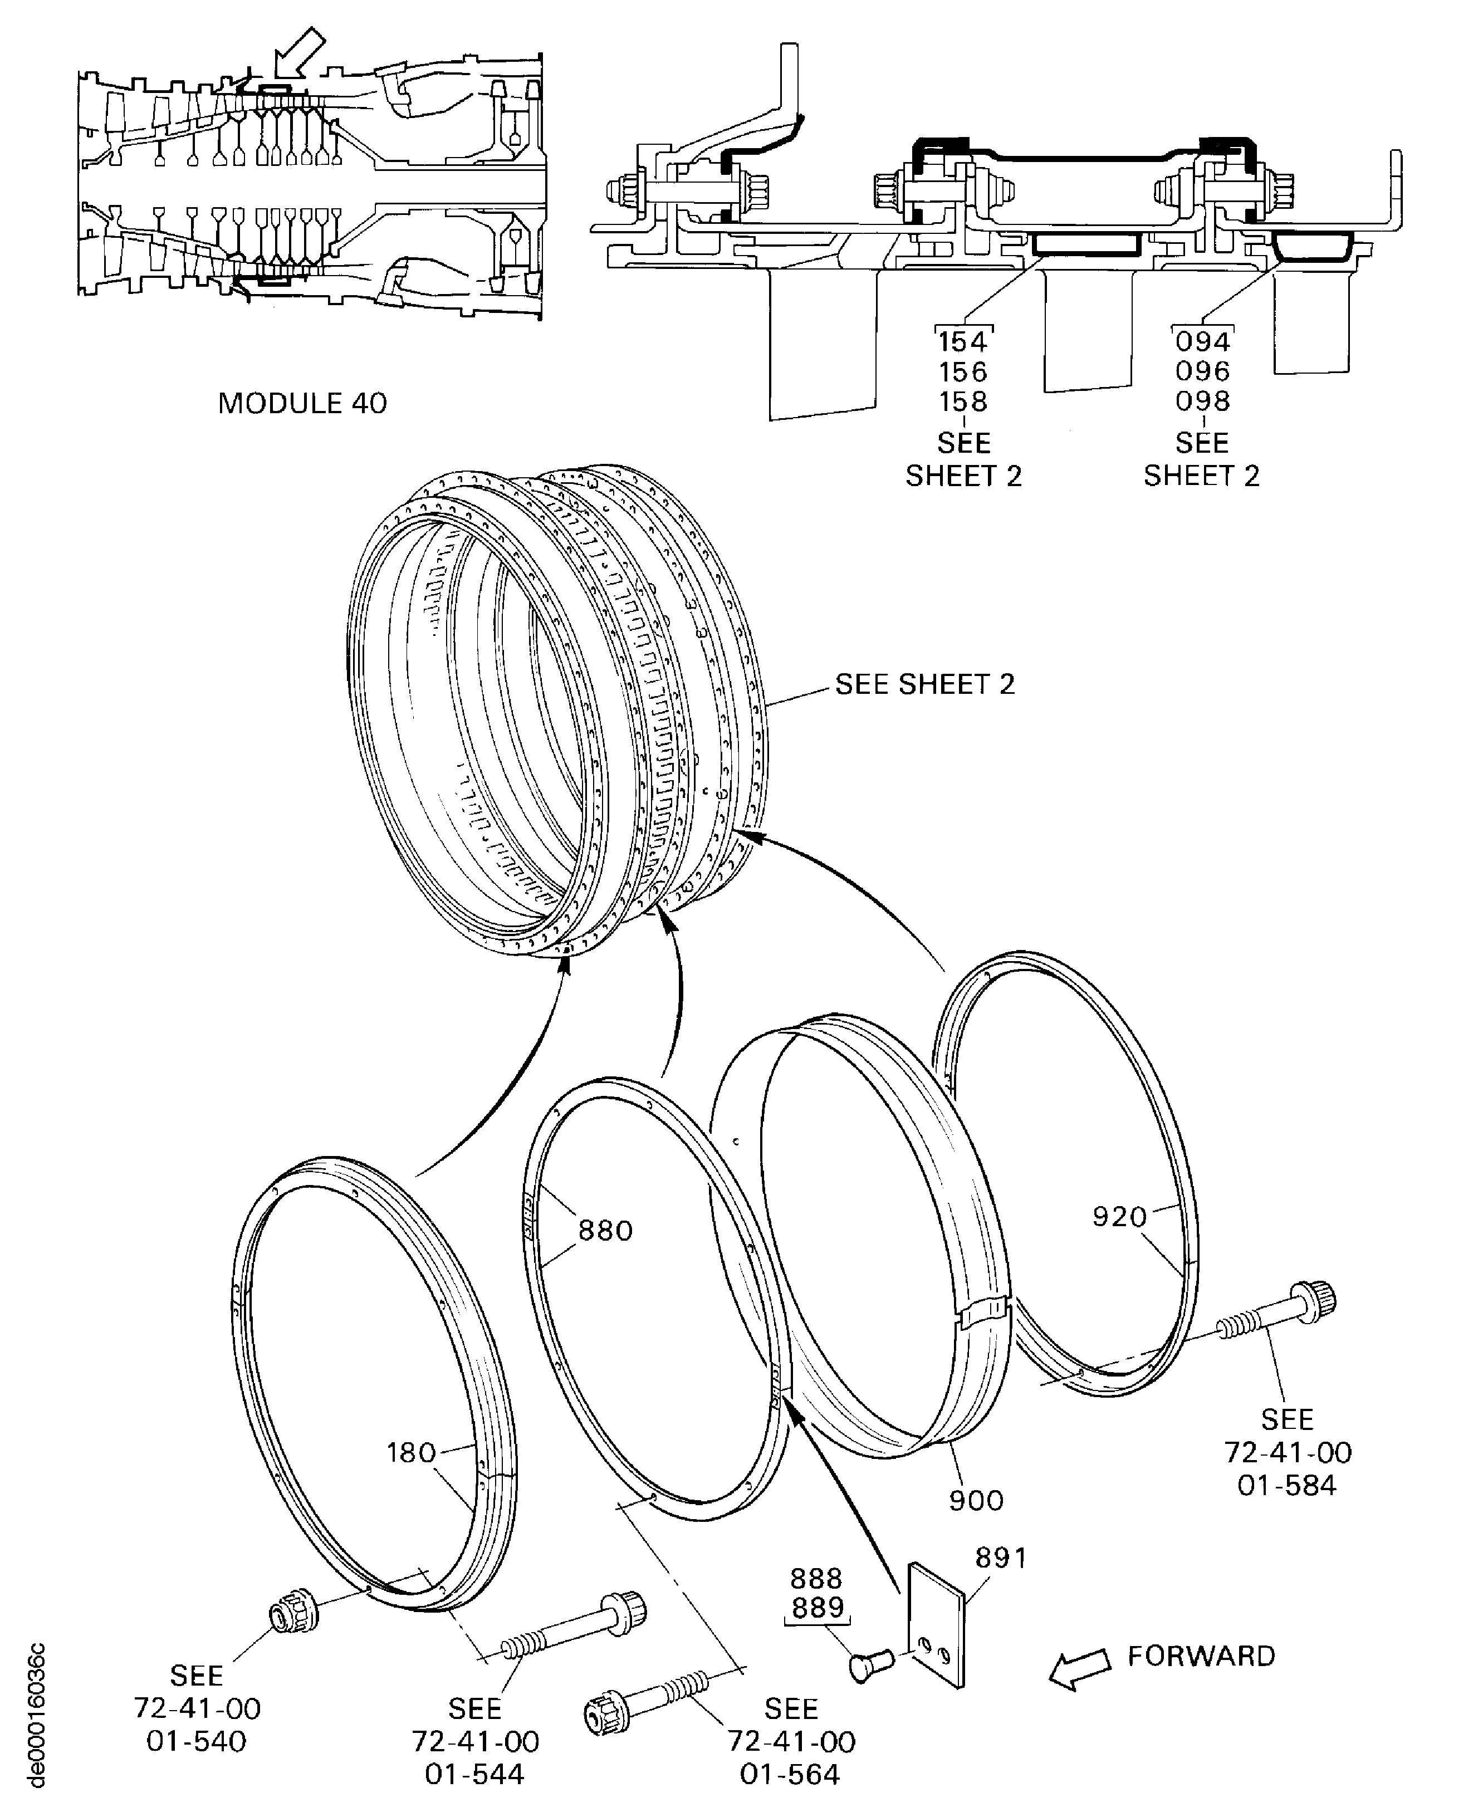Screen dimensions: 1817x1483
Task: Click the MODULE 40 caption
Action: pyautogui.click(x=302, y=403)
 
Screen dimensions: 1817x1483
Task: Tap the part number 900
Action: pyautogui.click(x=976, y=1500)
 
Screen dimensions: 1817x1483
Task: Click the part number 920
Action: pyautogui.click(x=1119, y=1217)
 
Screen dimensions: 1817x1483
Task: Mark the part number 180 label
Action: pyautogui.click(x=411, y=1452)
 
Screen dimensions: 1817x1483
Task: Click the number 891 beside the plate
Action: pyautogui.click(x=1001, y=1558)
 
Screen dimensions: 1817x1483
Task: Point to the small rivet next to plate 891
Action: pyautogui.click(x=870, y=1663)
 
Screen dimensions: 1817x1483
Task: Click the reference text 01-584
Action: pyautogui.click(x=1286, y=1486)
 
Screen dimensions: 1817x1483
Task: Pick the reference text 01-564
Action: pyautogui.click(x=790, y=1774)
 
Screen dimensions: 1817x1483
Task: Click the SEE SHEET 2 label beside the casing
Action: pyautogui.click(x=924, y=684)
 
